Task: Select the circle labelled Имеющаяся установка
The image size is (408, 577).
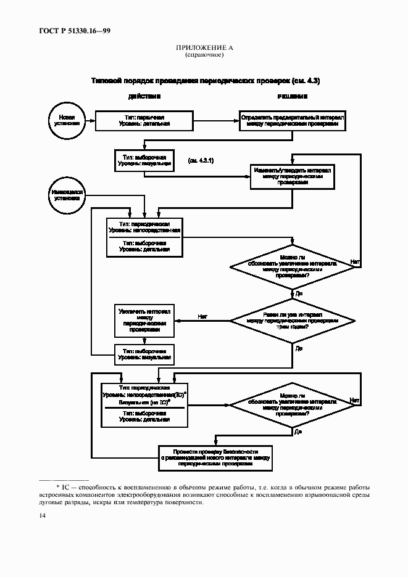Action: click(x=67, y=196)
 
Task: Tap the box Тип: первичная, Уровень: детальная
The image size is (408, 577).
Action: click(x=144, y=120)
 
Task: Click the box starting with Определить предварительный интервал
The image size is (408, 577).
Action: click(x=293, y=120)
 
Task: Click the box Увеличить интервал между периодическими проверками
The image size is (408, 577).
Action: click(x=144, y=321)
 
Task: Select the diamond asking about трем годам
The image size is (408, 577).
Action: click(x=292, y=321)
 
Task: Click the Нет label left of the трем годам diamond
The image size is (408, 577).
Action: click(x=202, y=316)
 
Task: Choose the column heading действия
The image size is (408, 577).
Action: click(x=144, y=97)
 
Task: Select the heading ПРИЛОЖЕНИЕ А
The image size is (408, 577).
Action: click(x=204, y=47)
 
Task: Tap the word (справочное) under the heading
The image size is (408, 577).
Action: click(x=204, y=55)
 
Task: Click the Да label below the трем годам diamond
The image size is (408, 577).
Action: click(x=299, y=348)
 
